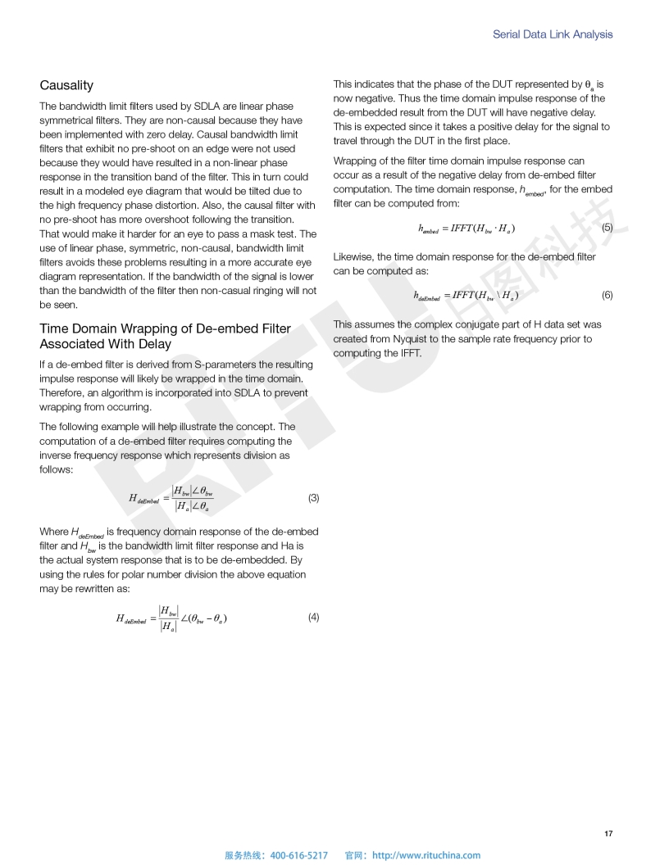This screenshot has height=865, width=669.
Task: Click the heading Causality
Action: (66, 85)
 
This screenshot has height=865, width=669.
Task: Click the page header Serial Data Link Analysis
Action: (553, 34)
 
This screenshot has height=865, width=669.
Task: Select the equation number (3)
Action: (313, 498)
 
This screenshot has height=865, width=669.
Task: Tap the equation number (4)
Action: (313, 618)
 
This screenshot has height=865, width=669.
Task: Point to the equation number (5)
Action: (607, 227)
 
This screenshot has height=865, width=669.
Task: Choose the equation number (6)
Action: (607, 295)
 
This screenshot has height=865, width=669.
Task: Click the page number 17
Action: (608, 834)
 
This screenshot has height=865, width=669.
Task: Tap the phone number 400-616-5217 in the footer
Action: (298, 855)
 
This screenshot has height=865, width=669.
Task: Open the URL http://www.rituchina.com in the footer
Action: (426, 855)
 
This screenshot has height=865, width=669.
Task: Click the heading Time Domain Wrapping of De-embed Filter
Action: (165, 328)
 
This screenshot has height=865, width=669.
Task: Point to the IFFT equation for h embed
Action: (466, 228)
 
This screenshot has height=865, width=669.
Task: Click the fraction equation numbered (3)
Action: (171, 498)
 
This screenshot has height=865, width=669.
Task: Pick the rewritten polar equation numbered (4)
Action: (171, 618)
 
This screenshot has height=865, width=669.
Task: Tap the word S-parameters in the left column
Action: (205, 364)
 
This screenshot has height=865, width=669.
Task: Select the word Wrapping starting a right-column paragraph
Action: (355, 161)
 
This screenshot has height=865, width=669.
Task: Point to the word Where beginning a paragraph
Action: (54, 532)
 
